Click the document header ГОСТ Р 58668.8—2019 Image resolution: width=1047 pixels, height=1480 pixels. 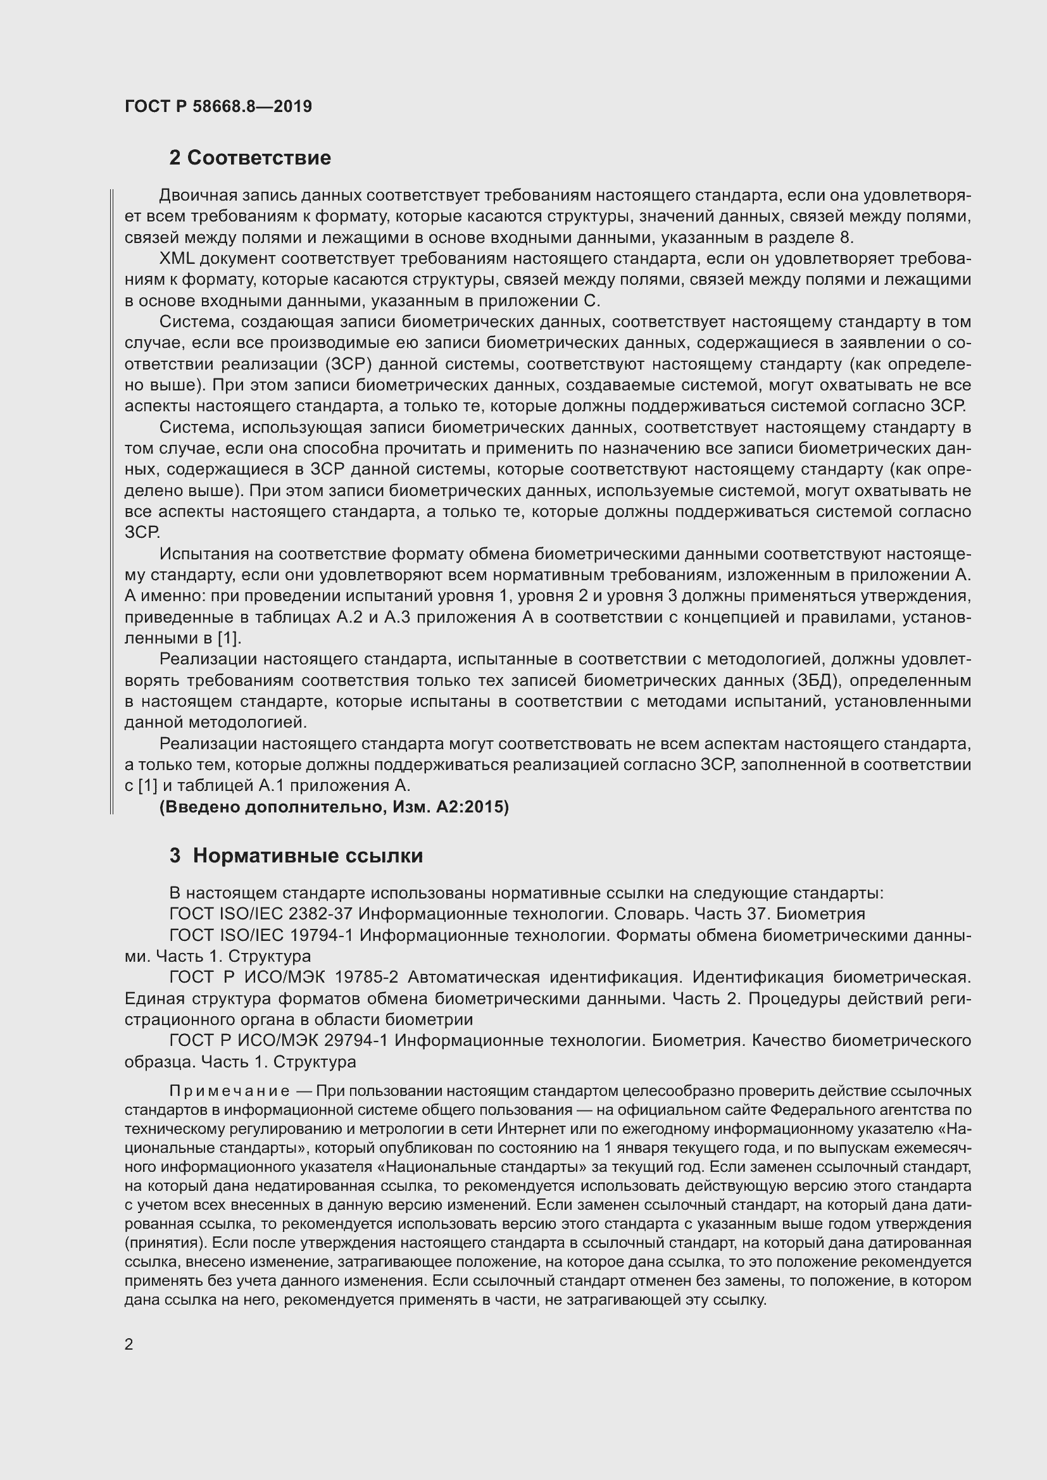pos(218,106)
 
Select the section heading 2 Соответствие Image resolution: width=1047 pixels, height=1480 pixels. pos(249,158)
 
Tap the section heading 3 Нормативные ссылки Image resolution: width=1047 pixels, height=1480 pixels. pos(296,855)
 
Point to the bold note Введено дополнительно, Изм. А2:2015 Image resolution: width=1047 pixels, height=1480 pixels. pos(334,806)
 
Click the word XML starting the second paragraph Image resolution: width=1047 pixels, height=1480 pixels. pos(177,259)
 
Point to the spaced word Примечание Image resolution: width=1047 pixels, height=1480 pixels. pos(229,1091)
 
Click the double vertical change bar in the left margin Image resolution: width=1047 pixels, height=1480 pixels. pos(111,502)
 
